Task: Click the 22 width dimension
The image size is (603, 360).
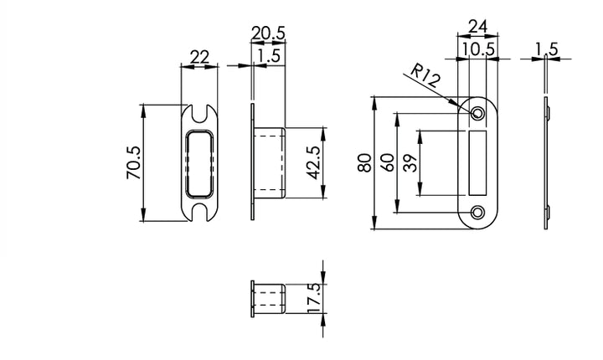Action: pos(199,57)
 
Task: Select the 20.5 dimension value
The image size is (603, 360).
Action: pos(268,33)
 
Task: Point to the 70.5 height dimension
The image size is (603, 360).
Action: pos(132,163)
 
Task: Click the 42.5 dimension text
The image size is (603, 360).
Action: pos(312,163)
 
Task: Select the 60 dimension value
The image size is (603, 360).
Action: pos(386,163)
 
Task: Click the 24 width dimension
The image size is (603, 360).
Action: pos(477,27)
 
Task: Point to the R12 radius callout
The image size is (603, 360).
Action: pos(425,80)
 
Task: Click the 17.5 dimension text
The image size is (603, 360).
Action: pos(313,297)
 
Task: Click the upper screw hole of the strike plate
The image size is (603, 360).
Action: pos(477,113)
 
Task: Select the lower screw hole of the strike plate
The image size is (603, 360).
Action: pos(477,213)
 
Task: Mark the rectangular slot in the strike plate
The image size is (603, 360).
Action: pos(478,162)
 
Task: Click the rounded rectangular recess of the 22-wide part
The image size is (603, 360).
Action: pos(199,162)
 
